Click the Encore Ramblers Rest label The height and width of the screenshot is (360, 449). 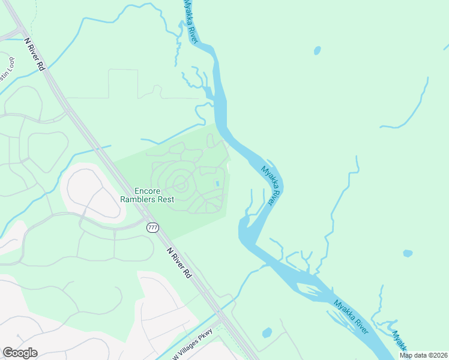[147, 194]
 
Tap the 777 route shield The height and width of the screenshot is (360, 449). [152, 227]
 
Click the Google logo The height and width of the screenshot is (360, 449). [20, 353]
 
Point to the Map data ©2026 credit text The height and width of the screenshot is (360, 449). [423, 355]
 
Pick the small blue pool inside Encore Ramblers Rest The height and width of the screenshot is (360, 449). [217, 184]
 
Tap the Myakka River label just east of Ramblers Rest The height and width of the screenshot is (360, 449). [271, 185]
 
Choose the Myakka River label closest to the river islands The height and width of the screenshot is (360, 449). [351, 316]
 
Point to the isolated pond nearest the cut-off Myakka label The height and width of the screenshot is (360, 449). [408, 253]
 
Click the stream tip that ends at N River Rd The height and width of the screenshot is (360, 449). [110, 146]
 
